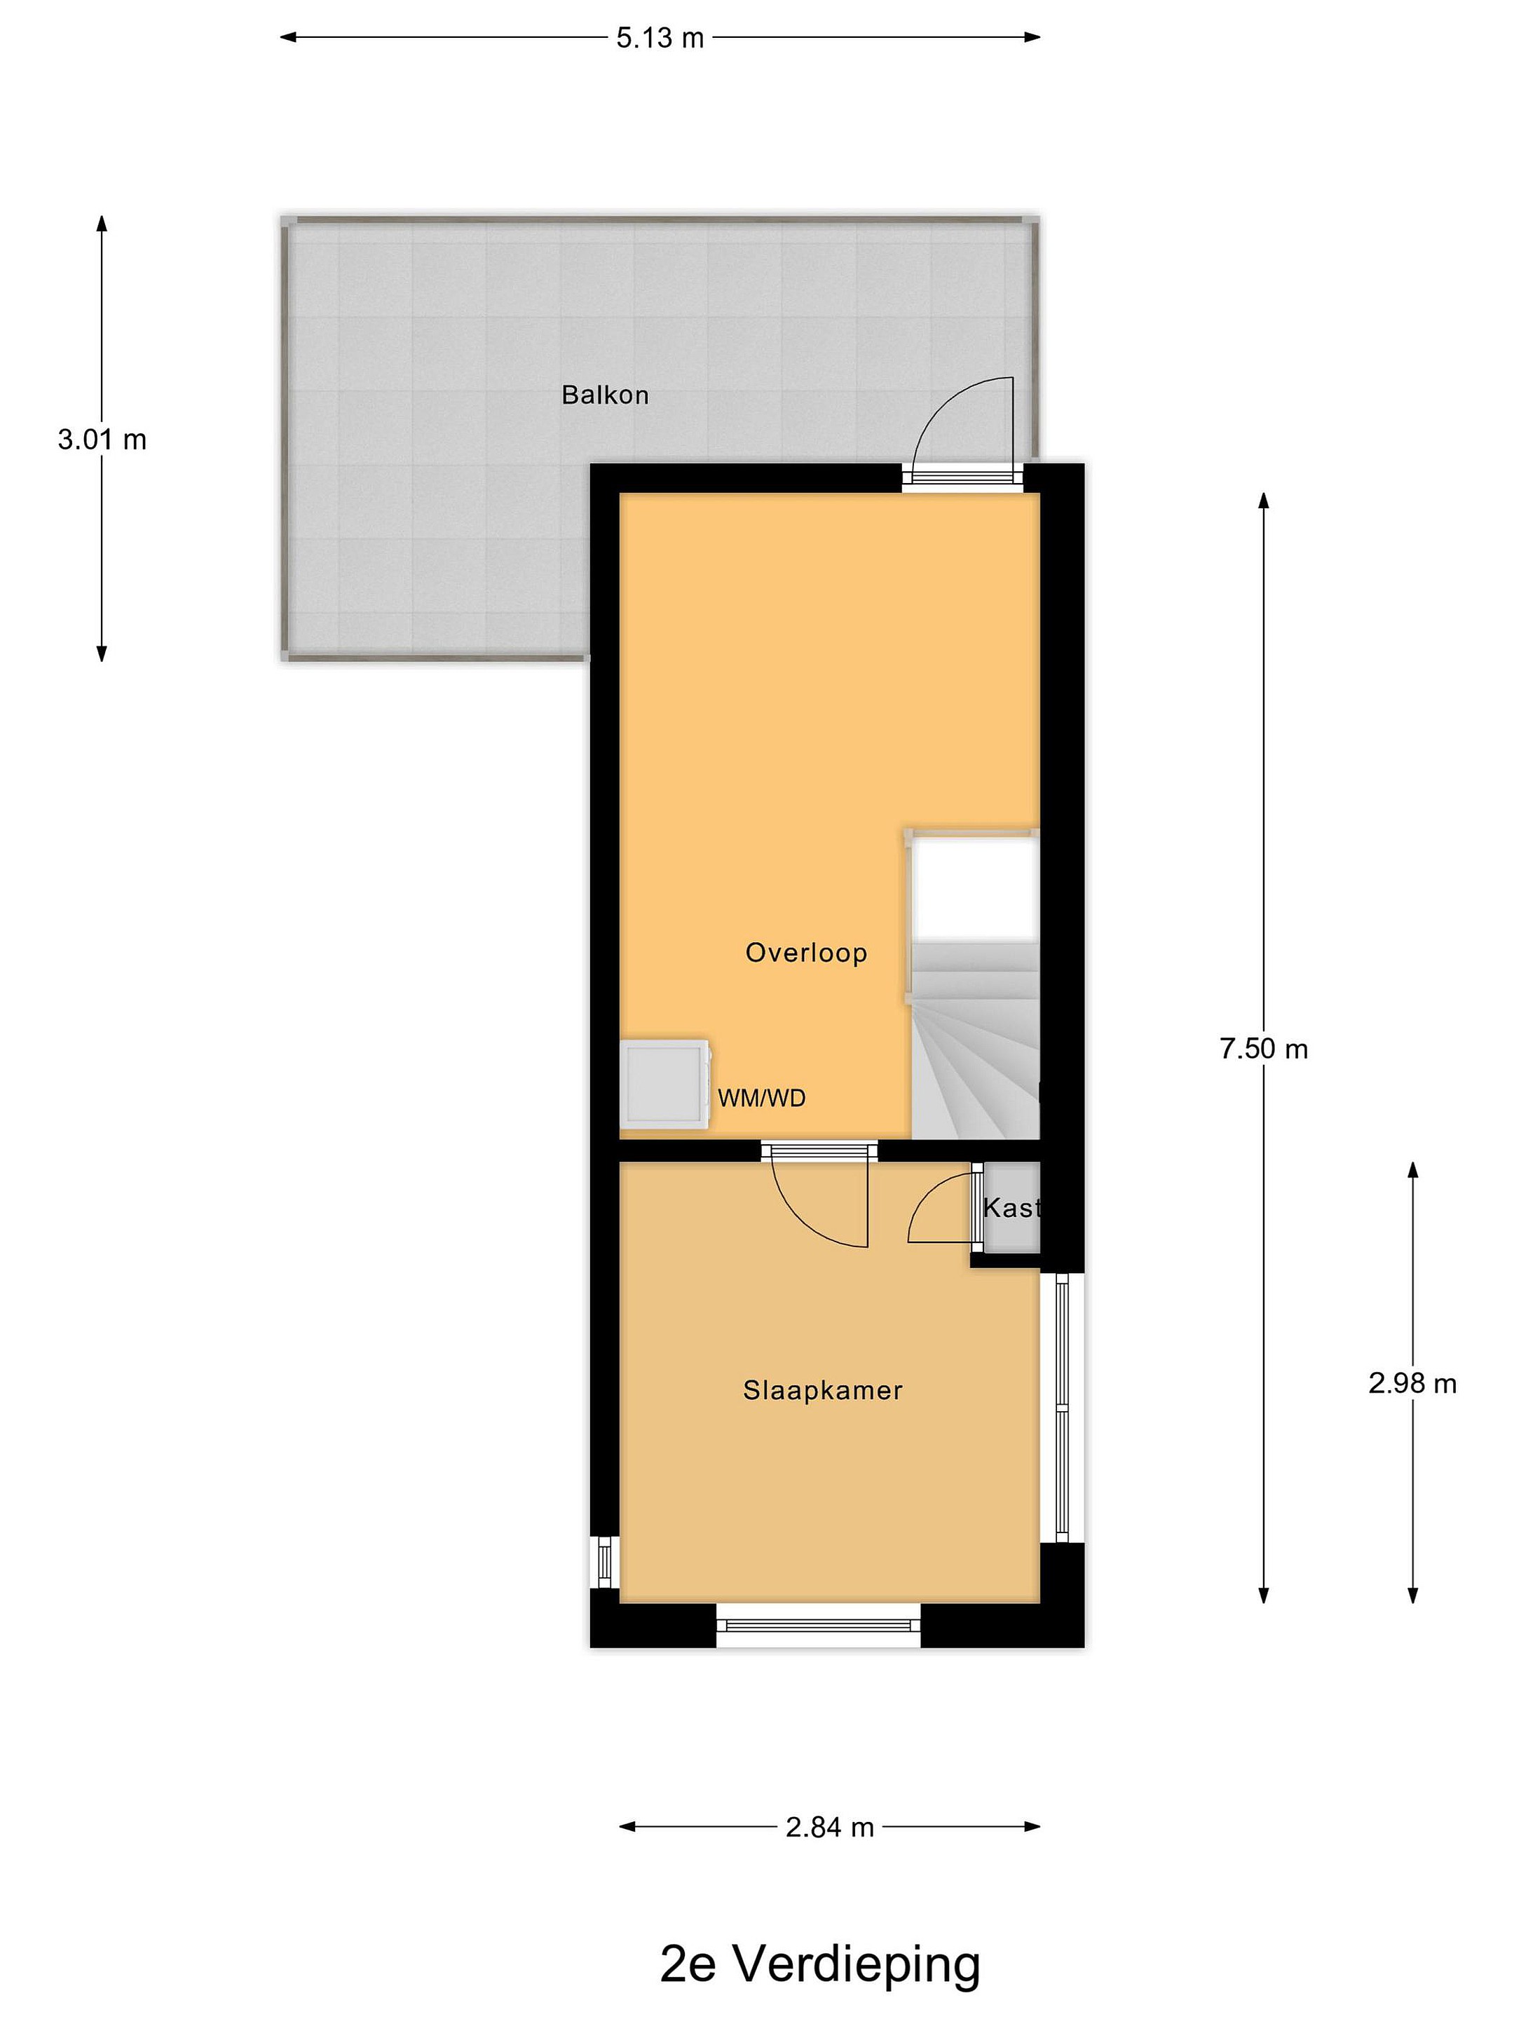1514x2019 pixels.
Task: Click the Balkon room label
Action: pos(605,395)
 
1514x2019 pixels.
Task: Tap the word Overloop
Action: pos(806,953)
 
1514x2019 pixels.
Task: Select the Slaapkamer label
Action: pos(822,1390)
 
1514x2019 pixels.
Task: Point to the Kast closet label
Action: pos(1011,1209)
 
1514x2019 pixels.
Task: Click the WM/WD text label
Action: pos(762,1098)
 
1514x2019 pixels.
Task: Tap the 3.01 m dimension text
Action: pos(102,440)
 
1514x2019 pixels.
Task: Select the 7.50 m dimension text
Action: pos(1264,1049)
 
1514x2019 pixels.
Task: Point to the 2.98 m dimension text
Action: pos(1412,1384)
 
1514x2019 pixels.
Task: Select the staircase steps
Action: pos(976,1040)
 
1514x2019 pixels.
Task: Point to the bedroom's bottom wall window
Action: pos(819,1625)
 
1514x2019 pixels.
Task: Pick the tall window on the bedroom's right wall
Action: pos(1061,1408)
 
